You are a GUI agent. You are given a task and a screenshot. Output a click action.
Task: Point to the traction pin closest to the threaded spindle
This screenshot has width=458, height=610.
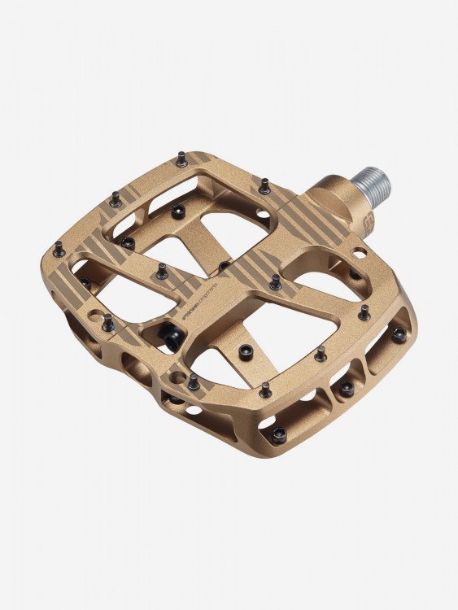click(264, 186)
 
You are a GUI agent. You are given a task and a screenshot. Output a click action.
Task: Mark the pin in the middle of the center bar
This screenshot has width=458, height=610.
click(225, 266)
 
